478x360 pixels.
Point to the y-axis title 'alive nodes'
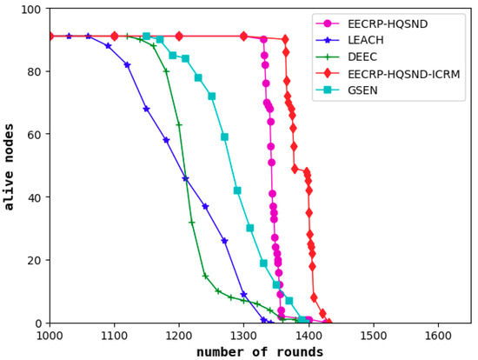10,165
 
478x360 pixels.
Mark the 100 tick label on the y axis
32,9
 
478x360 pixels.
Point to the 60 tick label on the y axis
35,135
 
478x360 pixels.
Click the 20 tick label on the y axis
35,260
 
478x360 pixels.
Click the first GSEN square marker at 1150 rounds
146,37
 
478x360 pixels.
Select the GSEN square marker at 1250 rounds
211,97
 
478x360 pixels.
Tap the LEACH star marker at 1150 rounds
146,109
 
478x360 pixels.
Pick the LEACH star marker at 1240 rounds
205,206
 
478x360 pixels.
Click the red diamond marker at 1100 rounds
114,37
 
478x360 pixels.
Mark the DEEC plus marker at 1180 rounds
166,71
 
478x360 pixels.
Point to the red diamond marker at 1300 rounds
243,37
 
